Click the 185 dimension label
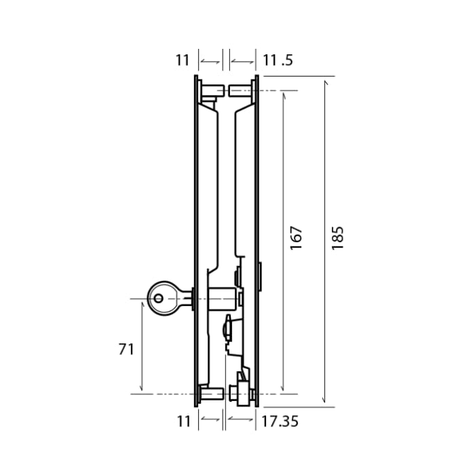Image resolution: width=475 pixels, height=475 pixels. point(338,237)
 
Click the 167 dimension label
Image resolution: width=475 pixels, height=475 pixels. point(297,237)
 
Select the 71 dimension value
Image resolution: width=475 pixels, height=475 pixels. point(126,349)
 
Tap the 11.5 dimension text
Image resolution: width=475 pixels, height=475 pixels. point(278,60)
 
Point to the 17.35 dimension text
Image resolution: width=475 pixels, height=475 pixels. point(280,421)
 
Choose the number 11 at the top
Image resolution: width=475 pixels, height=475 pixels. point(182,60)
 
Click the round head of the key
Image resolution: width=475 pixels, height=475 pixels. point(161,298)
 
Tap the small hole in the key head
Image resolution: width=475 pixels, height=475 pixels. point(158,298)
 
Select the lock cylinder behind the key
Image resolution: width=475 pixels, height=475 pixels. point(223,297)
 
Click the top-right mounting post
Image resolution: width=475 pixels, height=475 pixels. point(240,90)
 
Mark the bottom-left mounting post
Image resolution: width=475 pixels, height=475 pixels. point(212,394)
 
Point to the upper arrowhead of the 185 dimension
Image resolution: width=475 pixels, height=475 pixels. point(325,82)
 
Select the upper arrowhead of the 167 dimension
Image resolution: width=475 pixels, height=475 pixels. point(283,94)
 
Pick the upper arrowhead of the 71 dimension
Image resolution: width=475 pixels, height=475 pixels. point(142,303)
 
